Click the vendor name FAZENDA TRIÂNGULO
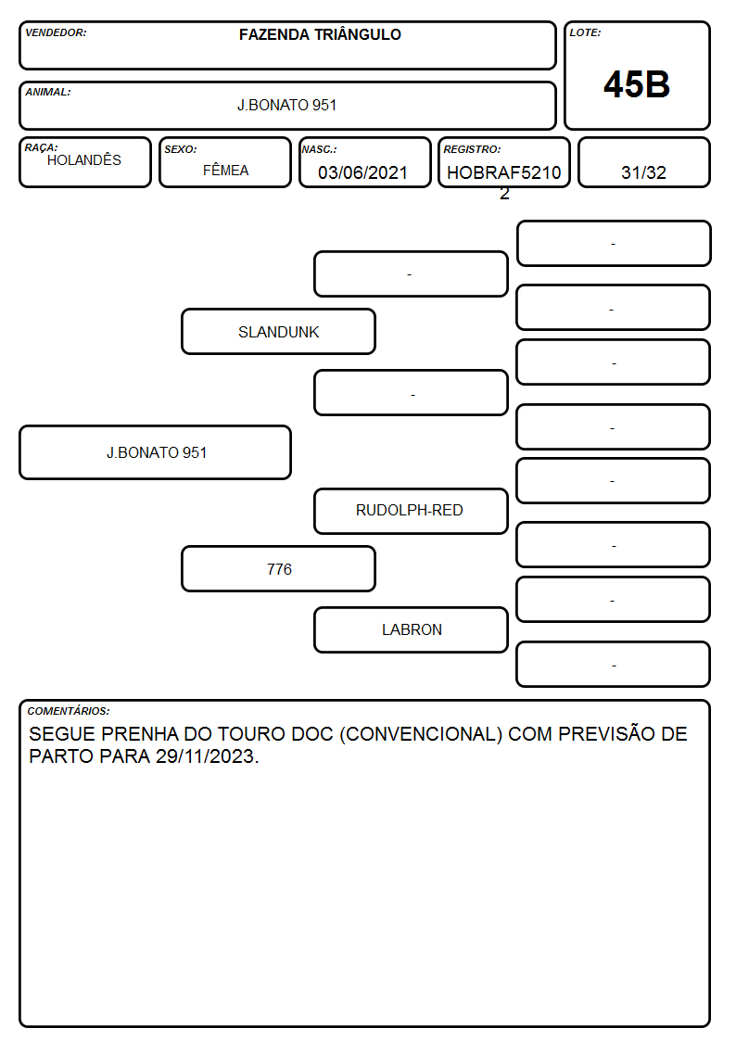(x=320, y=34)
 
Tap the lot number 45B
(x=637, y=84)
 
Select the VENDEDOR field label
(x=56, y=32)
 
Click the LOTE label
(x=585, y=32)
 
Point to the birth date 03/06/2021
(x=362, y=172)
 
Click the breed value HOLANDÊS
(x=84, y=159)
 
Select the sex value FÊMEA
(x=225, y=170)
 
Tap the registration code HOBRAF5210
(x=503, y=172)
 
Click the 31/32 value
(x=643, y=172)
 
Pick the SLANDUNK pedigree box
(x=279, y=331)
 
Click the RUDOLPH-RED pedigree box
(x=411, y=511)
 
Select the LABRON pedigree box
(x=411, y=629)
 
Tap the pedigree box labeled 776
(x=279, y=569)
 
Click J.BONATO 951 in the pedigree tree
(x=156, y=452)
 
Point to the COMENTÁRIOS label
(x=69, y=711)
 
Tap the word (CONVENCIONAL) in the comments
(x=421, y=734)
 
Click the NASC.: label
(x=319, y=149)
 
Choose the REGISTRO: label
(x=472, y=149)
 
